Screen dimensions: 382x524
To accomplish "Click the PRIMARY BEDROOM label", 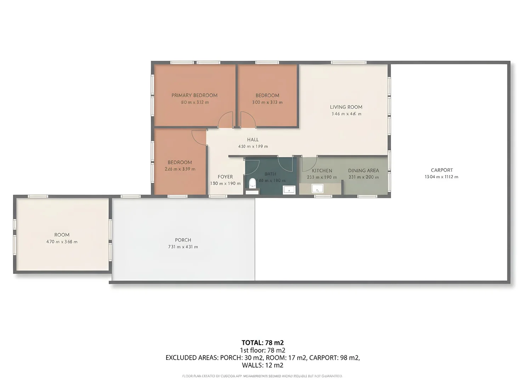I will point(194,95).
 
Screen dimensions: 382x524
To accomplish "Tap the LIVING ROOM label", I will point(346,107).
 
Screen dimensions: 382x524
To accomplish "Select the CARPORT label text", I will point(442,170).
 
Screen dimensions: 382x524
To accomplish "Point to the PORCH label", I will point(183,240).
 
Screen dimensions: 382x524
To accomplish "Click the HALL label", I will point(253,140).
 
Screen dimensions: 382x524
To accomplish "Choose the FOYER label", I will point(225,177).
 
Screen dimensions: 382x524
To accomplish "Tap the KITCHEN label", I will point(322,170).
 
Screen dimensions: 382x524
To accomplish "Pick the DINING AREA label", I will point(363,170).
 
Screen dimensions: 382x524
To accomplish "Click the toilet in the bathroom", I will point(252,183).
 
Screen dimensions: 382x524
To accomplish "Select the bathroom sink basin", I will point(289,190).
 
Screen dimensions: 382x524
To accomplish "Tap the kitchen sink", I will point(317,189).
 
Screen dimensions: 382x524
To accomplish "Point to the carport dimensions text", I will point(441,177).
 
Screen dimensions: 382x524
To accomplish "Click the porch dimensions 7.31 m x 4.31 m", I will point(183,247).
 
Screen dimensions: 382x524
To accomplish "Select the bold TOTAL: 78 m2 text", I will point(263,342).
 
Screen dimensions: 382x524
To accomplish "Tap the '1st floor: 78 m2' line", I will point(263,350).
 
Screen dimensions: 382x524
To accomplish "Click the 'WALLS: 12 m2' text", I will point(263,365).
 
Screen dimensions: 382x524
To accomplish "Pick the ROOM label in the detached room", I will point(62,235).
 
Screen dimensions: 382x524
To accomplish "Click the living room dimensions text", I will point(346,114).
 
